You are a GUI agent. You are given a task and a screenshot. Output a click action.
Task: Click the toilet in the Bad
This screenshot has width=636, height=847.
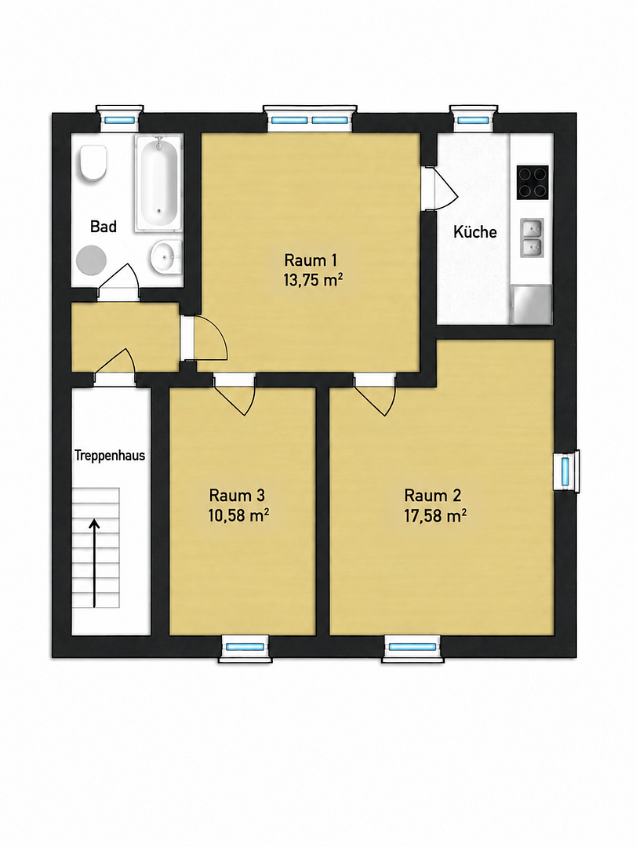pyautogui.click(x=93, y=163)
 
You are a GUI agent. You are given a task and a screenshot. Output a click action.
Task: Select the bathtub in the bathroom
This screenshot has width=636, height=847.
pyautogui.click(x=158, y=183)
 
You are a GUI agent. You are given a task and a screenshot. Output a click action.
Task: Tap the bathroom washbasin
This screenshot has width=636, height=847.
pyautogui.click(x=166, y=256)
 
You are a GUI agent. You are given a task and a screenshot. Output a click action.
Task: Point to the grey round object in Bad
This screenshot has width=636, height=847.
pyautogui.click(x=92, y=260)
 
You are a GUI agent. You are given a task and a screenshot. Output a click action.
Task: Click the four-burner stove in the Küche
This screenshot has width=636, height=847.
pyautogui.click(x=532, y=182)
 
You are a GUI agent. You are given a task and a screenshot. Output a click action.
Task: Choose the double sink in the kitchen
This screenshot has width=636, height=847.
pyautogui.click(x=532, y=238)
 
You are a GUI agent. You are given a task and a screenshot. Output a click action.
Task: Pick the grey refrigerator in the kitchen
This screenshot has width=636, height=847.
pyautogui.click(x=532, y=304)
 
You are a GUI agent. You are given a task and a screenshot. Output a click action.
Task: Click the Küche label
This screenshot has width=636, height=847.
pyautogui.click(x=475, y=231)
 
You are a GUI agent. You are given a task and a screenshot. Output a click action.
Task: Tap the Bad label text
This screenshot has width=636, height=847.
pyautogui.click(x=104, y=227)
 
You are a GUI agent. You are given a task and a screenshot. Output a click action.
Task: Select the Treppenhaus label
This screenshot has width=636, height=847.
pyautogui.click(x=110, y=455)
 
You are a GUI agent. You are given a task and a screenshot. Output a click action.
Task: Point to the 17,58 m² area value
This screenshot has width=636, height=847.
pyautogui.click(x=435, y=516)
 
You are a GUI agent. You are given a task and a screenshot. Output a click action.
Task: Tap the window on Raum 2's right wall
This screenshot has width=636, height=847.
pyautogui.click(x=566, y=471)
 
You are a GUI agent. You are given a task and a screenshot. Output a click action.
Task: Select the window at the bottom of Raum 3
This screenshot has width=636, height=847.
pyautogui.click(x=246, y=646)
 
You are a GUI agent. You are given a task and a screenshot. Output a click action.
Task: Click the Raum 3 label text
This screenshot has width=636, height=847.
pyautogui.click(x=237, y=495)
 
